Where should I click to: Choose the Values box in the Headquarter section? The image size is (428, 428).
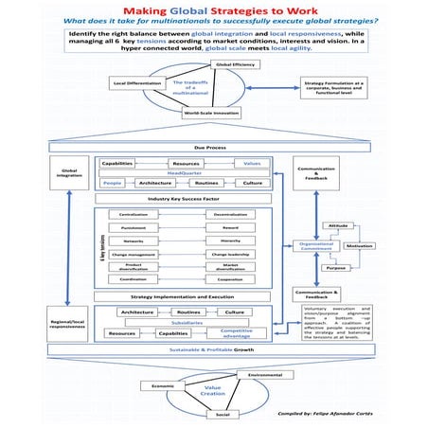click(x=252, y=164)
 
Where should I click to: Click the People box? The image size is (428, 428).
click(x=113, y=182)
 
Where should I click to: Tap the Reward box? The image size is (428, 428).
click(x=230, y=228)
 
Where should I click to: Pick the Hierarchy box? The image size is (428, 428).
click(x=230, y=241)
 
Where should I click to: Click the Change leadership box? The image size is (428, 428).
click(x=230, y=255)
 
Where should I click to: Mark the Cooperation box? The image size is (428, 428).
click(x=230, y=279)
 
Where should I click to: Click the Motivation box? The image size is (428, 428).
click(x=359, y=244)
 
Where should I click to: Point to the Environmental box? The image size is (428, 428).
click(x=265, y=376)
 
